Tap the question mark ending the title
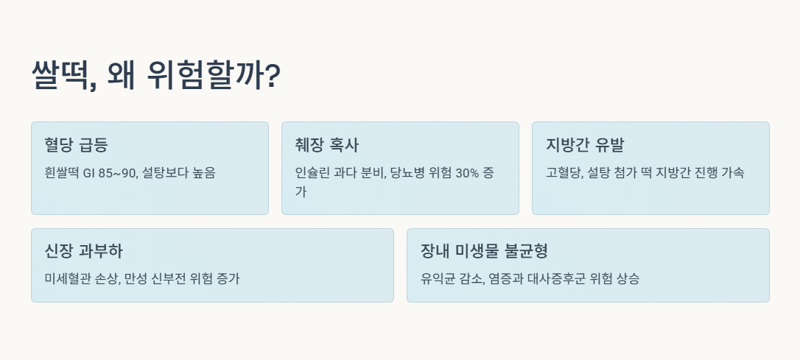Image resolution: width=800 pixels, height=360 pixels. coord(272,76)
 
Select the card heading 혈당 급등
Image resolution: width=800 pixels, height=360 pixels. coord(77,144)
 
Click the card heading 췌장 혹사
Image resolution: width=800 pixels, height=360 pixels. coord(326,144)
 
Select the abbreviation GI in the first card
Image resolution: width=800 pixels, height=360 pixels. coord(86,174)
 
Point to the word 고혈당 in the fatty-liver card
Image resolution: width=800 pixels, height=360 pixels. coord(562,174)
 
